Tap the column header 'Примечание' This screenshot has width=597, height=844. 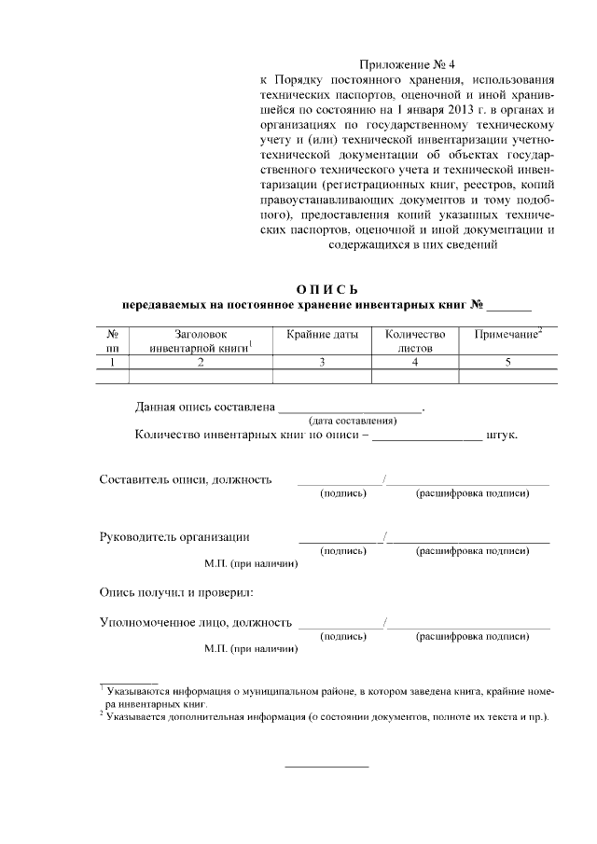507,334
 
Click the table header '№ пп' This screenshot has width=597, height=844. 112,340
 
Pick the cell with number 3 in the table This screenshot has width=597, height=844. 322,362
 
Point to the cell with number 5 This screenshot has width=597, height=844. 508,362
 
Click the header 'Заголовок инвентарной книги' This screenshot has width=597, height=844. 201,340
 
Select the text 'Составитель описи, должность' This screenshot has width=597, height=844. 186,479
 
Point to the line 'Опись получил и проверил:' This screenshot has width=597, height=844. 177,592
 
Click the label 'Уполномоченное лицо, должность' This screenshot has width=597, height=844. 196,621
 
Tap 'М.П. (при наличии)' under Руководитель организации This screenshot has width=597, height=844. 251,564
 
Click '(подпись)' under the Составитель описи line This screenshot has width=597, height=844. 342,493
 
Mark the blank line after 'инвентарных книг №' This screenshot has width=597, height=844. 508,305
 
